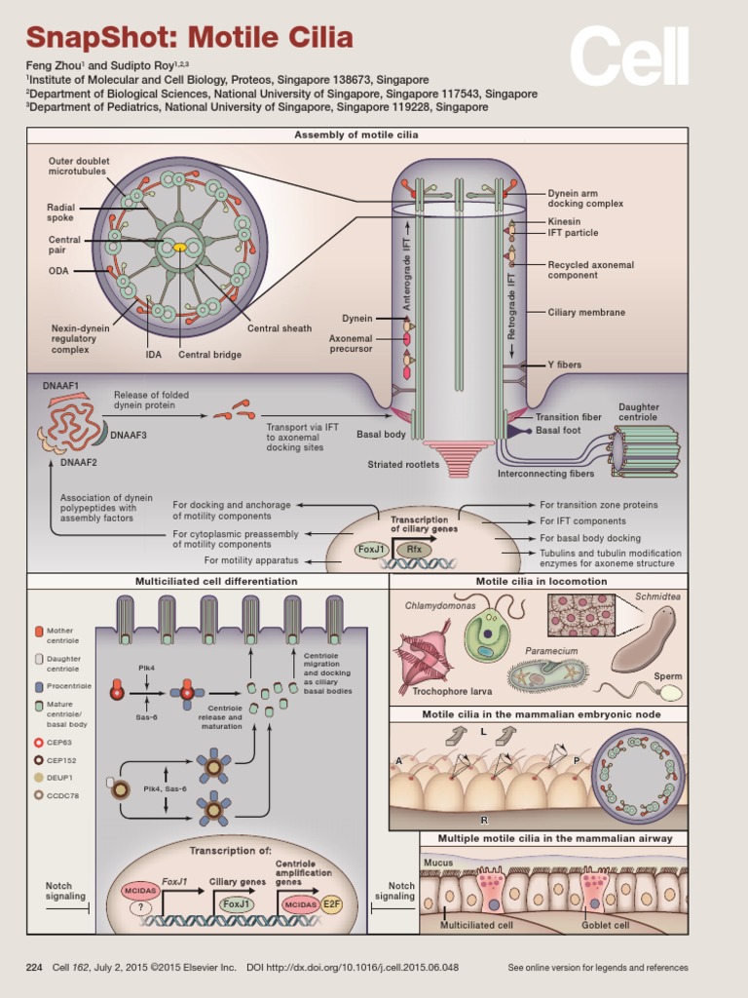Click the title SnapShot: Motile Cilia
189,39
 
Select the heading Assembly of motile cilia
356,134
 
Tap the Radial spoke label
60,212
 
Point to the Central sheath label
279,328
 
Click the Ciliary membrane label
586,312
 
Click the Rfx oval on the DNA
414,550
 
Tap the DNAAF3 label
129,435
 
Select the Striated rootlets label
403,464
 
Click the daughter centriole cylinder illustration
645,451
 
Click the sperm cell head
672,693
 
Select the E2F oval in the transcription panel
331,904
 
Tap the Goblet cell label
606,925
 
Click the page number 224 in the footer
34,967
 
